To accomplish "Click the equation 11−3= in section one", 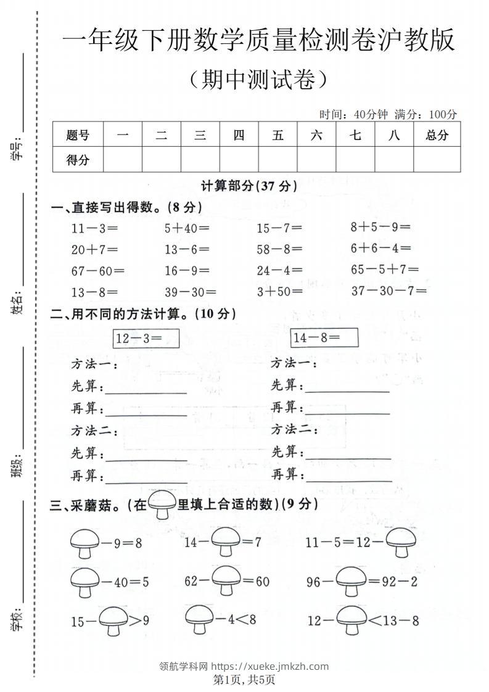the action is (x=94, y=228).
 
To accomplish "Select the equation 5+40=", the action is (x=187, y=228).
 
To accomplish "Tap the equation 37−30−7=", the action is (x=385, y=290).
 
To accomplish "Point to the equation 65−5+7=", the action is (x=385, y=270).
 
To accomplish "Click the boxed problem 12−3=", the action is (x=146, y=338).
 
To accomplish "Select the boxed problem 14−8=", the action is (x=325, y=338).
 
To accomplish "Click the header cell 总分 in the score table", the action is (x=437, y=135).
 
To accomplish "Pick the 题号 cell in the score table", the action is (x=78, y=135).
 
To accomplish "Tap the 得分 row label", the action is (x=78, y=160).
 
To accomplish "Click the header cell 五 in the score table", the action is (x=277, y=135).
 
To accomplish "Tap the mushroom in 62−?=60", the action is (x=225, y=581).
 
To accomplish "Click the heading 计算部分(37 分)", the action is (x=249, y=186).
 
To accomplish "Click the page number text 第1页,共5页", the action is (x=244, y=680).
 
